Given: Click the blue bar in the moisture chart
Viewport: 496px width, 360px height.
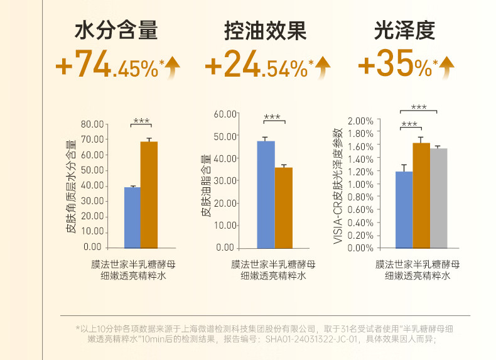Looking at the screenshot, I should click(x=132, y=217).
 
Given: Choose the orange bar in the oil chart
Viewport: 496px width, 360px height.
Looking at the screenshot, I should click(x=284, y=207).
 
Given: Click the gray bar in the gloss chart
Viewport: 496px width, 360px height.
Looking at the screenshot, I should click(x=438, y=198).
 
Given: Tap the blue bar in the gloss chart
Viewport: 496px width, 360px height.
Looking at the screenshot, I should click(x=404, y=209).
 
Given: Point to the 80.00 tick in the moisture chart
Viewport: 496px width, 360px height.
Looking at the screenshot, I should click(x=92, y=124).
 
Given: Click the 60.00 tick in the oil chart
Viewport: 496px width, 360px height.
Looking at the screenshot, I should click(x=225, y=114).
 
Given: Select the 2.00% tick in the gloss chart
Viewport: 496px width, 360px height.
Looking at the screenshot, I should click(x=360, y=120).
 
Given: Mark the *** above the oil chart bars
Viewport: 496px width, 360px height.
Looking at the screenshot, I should click(x=272, y=117).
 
